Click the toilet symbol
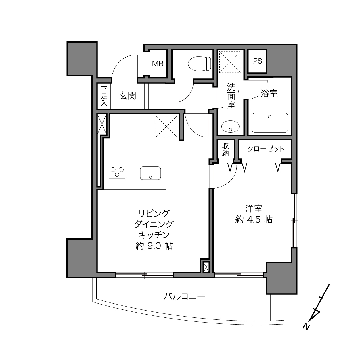(200, 64)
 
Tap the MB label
(158, 64)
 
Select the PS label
(257, 61)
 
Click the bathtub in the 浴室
(270, 123)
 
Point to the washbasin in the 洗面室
(230, 127)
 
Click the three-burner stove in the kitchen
(117, 173)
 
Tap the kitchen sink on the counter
(150, 173)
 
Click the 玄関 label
(127, 96)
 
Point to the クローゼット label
(266, 149)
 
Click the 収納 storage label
(225, 150)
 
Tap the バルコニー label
(184, 296)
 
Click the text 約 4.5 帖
(254, 220)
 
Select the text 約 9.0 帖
(154, 246)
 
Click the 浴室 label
(269, 93)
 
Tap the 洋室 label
(254, 209)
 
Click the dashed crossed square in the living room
(166, 127)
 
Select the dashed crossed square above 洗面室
(230, 62)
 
